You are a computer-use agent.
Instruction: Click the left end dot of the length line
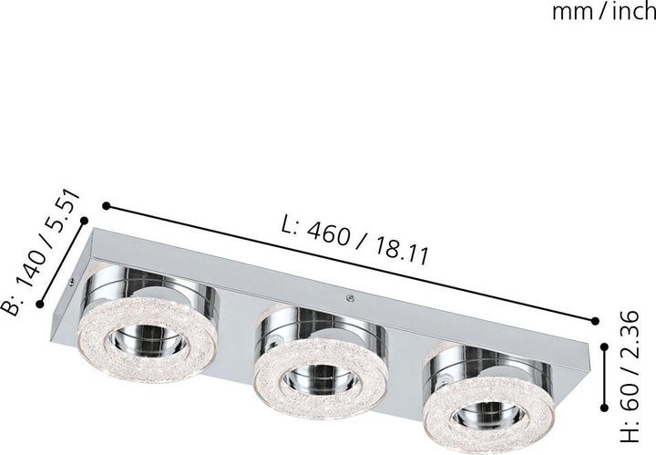click(x=107, y=205)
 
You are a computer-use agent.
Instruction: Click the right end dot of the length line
click(x=596, y=321)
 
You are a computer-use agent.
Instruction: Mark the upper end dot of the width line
click(x=85, y=221)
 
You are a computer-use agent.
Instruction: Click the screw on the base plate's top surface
click(x=349, y=295)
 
